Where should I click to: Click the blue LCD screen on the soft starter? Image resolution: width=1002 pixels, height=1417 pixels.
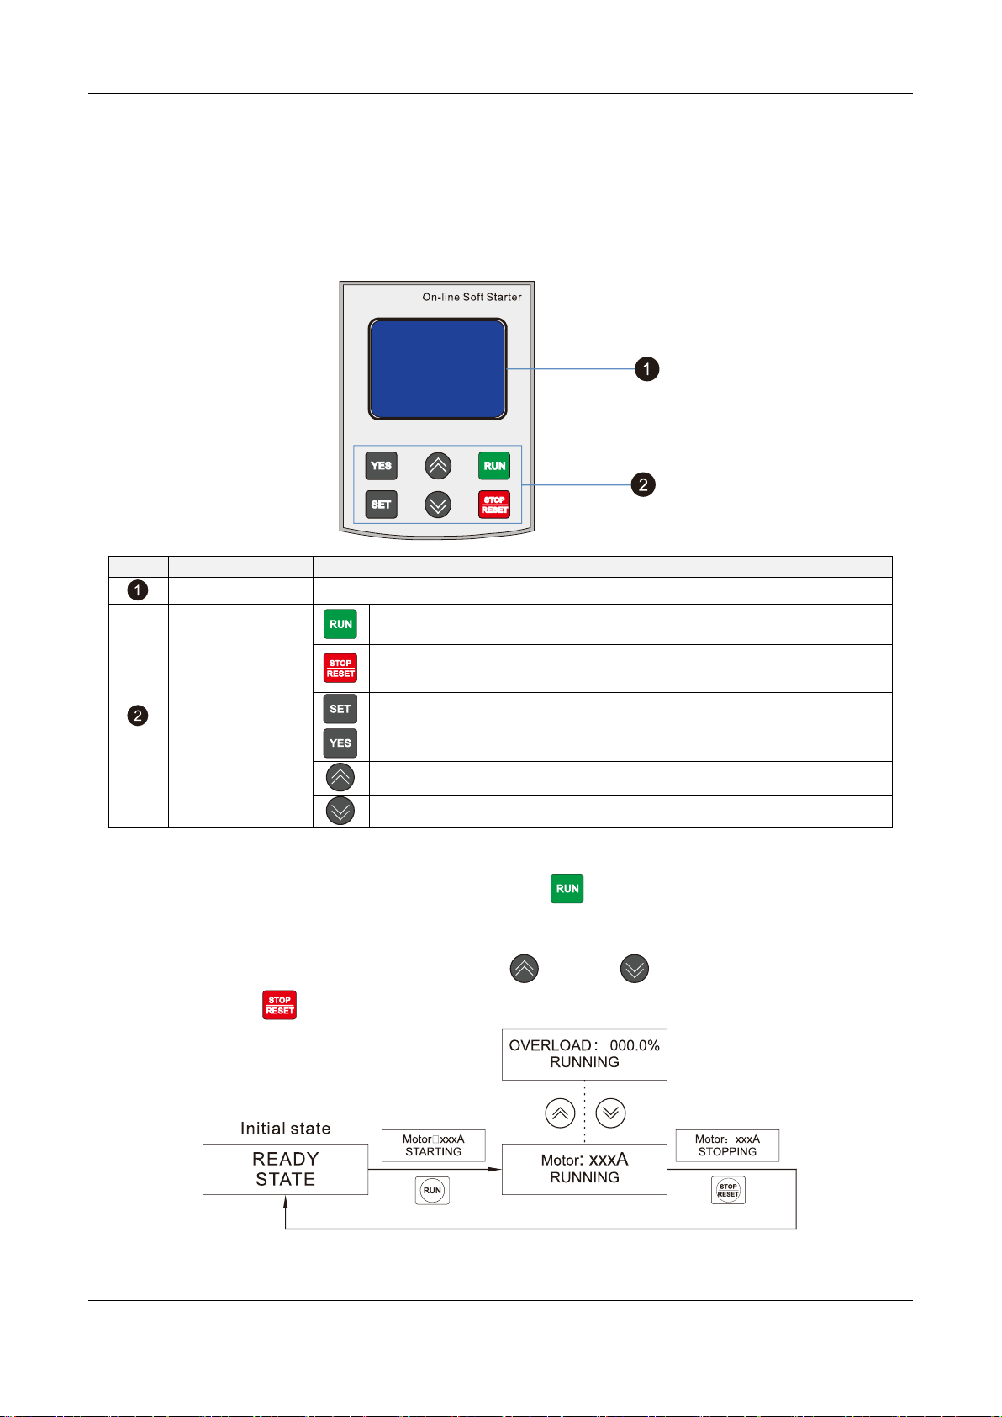tap(437, 369)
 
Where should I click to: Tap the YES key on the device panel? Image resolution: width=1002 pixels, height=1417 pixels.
tap(381, 466)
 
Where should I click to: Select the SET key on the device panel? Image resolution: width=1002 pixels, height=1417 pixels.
tap(381, 505)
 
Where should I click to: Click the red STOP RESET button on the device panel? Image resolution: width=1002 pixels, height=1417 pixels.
tap(494, 505)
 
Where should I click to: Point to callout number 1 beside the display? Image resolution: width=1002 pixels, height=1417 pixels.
tap(646, 369)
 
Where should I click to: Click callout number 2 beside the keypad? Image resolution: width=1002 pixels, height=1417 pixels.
tap(643, 484)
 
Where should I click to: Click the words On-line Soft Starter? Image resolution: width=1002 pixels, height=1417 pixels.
tap(472, 298)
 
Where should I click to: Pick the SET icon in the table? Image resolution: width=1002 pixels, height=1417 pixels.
tap(340, 709)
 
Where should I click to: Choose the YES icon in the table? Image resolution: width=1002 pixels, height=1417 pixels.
tap(340, 743)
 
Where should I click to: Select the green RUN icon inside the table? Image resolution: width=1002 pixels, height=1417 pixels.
tap(340, 624)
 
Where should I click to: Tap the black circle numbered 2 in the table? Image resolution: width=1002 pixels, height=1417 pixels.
tap(138, 716)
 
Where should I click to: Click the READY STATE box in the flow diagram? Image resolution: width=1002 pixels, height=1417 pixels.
tap(285, 1169)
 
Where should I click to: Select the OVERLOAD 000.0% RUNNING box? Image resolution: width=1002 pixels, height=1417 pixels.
tap(584, 1055)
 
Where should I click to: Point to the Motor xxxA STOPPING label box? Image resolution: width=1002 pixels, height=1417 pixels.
tap(727, 1145)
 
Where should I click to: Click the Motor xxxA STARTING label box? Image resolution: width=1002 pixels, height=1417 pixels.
tap(433, 1145)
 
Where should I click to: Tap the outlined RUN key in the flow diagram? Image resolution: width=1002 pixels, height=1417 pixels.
tap(432, 1191)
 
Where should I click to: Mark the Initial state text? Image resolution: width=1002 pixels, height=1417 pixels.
tap(285, 1129)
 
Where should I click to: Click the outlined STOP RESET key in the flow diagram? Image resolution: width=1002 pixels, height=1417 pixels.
tap(728, 1190)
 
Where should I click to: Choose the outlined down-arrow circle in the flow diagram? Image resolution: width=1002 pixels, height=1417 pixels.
tap(610, 1113)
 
